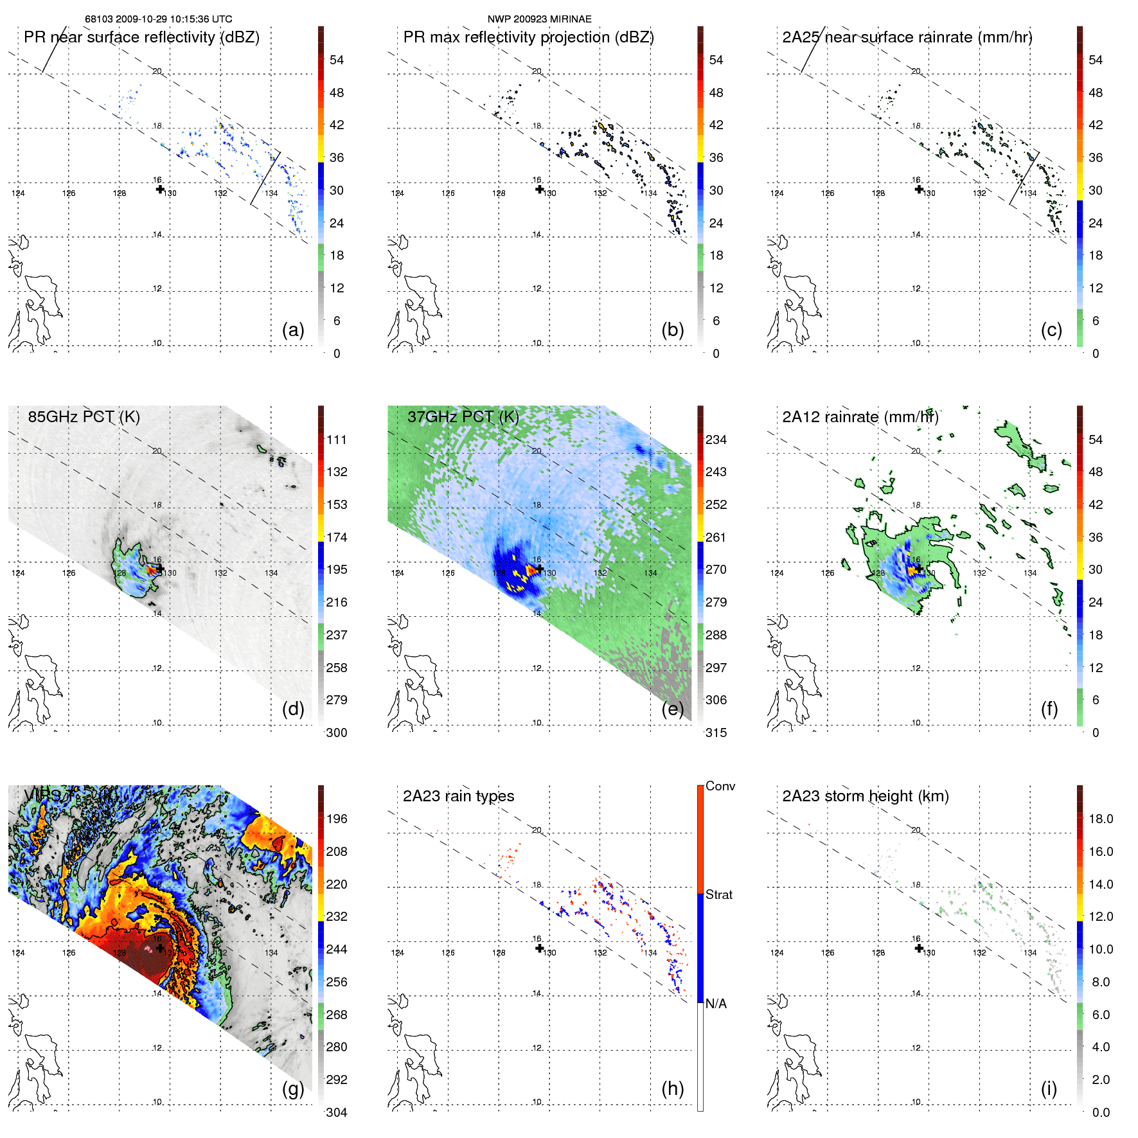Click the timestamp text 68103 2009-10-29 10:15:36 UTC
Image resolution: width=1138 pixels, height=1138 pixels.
coord(158,19)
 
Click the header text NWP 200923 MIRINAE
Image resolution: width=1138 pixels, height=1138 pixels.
coord(539,19)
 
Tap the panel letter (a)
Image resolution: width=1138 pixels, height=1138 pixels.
coord(293,330)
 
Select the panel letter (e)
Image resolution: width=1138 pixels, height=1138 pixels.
coord(672,709)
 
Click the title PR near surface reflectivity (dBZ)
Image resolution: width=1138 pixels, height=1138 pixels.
coord(141,37)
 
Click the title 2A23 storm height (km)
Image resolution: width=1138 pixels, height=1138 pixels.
coord(865,796)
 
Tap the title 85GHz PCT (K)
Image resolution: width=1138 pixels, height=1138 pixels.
coord(84,417)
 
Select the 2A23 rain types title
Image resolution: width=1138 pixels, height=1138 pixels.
coord(458,796)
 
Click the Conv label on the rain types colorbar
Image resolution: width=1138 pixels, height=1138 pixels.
coord(720,786)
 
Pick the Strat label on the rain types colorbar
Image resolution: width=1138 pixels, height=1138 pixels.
coord(718,894)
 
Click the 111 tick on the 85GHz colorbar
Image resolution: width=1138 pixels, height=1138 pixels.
coord(337,440)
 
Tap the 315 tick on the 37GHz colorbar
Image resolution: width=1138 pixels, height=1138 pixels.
coord(716,733)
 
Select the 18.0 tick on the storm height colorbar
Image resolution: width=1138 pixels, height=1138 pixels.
coord(1100,819)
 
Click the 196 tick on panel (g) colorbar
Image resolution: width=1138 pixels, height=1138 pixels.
coord(337,819)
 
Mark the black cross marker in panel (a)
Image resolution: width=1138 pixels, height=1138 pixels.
coord(160,189)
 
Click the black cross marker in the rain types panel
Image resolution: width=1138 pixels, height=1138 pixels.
coord(540,948)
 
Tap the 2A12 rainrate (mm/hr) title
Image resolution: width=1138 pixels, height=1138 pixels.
coord(860,417)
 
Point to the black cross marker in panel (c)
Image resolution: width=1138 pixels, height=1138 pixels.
coord(919,189)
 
